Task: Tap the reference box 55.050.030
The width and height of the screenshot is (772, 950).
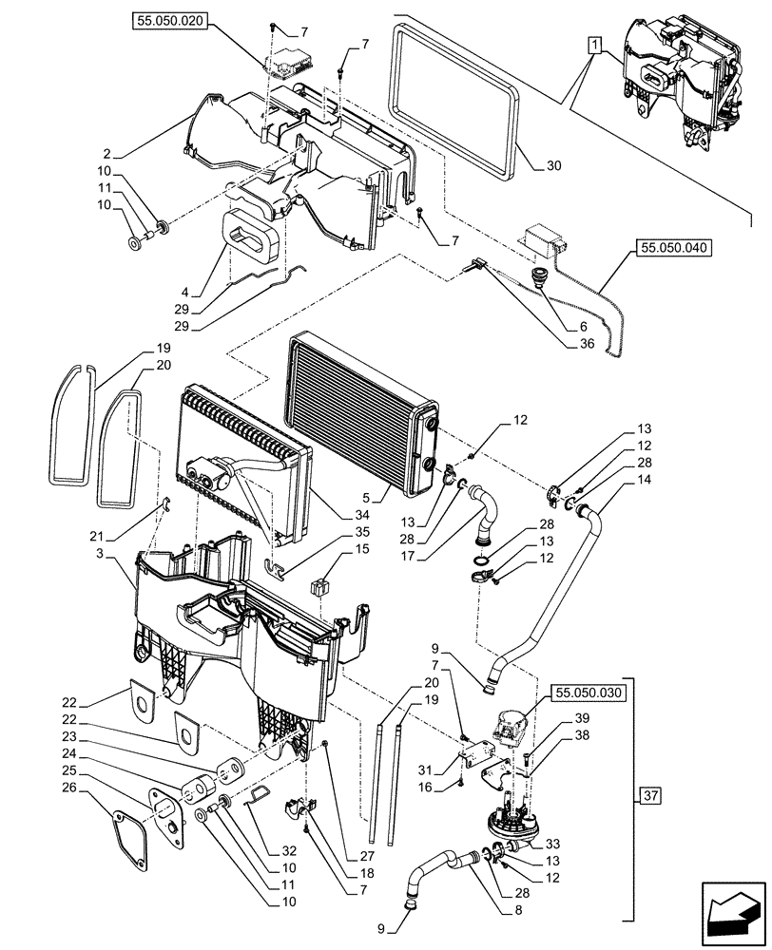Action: click(589, 693)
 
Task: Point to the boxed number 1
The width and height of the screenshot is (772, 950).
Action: click(593, 45)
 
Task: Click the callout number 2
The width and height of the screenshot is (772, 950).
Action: click(107, 152)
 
